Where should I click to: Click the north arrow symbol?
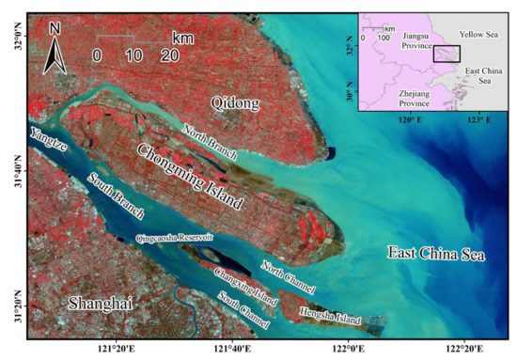[x=54, y=52]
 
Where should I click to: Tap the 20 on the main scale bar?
[x=170, y=55]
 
